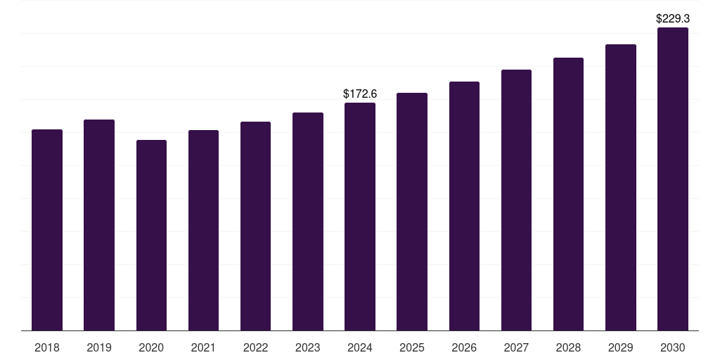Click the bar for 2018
tap(47, 230)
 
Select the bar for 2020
tap(151, 235)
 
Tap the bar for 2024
tap(360, 217)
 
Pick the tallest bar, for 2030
tap(673, 179)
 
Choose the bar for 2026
tap(464, 206)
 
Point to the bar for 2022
tap(255, 226)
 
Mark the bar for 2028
tap(568, 194)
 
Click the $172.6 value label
tap(360, 94)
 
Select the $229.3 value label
tap(673, 19)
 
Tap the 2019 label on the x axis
tap(99, 347)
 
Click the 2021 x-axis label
tap(203, 347)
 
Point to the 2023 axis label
tap(308, 347)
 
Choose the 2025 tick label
tap(412, 347)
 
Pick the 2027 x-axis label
tap(516, 347)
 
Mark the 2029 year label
tap(621, 347)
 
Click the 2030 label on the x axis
tap(673, 347)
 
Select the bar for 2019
tap(99, 225)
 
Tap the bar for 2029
tap(621, 187)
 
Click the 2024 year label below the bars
tap(360, 347)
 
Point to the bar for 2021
tap(203, 230)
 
